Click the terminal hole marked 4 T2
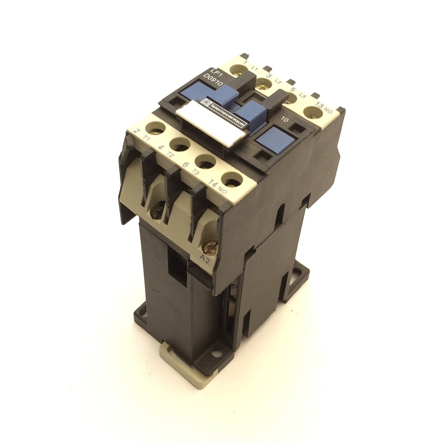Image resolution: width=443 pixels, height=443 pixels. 180,145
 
